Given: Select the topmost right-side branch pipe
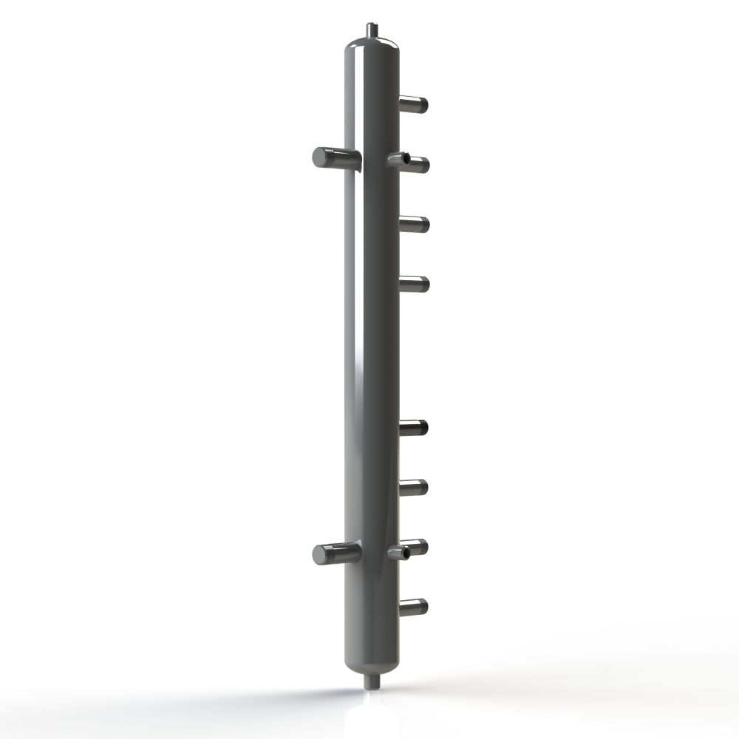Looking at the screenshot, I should [414, 105].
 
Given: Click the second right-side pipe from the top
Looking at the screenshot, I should [415, 165].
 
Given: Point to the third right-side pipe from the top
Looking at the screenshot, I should [414, 224].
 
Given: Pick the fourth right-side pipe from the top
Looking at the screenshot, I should [414, 284].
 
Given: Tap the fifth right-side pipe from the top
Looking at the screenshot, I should [414, 426].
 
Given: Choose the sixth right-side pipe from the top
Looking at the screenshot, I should [414, 487].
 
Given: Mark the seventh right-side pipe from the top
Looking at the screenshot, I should [416, 547].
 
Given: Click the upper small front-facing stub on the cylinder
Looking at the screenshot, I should [394, 158].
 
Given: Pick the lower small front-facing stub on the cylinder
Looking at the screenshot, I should [394, 552].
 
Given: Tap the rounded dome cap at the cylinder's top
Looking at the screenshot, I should [372, 49].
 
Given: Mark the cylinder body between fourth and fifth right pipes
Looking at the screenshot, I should [372, 355].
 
